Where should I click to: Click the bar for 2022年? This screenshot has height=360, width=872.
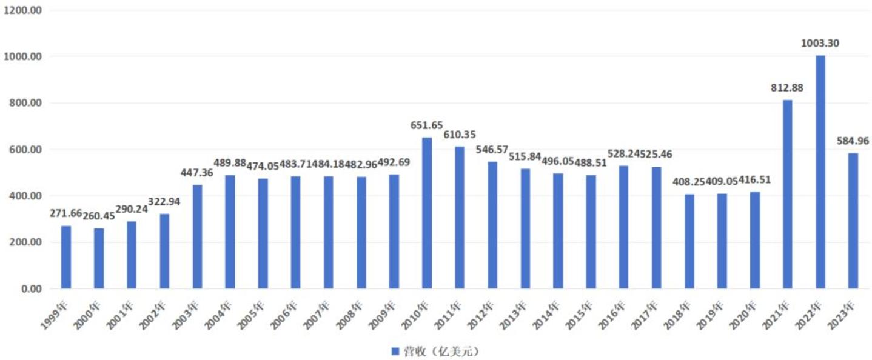(x=820, y=172)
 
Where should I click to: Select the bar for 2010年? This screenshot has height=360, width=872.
(x=427, y=213)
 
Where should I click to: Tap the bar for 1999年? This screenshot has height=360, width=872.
(x=66, y=257)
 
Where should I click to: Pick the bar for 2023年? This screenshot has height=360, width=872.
(x=853, y=221)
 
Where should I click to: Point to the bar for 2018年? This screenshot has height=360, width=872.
(x=689, y=241)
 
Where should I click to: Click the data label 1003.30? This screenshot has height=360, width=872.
(x=820, y=44)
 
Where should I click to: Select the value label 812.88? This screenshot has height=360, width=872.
(x=787, y=88)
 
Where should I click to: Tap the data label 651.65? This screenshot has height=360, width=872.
(x=427, y=125)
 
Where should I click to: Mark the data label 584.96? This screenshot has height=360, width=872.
(x=853, y=141)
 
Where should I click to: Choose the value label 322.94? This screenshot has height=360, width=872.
(x=164, y=202)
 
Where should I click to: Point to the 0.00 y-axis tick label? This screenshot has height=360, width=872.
(x=31, y=289)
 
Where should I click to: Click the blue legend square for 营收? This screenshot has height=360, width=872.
(x=394, y=351)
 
